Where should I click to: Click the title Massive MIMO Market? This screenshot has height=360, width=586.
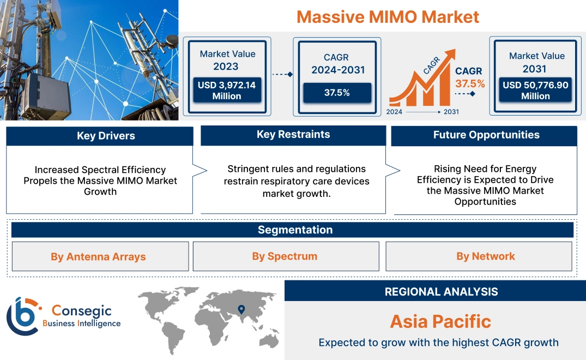point(388,16)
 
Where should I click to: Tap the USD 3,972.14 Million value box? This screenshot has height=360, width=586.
point(226,91)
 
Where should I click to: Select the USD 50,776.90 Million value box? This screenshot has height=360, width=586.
point(535,91)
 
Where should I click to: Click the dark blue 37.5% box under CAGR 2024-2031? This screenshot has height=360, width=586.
point(337,93)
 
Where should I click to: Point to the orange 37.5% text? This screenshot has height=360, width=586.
point(470,84)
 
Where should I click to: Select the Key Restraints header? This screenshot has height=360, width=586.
point(293,135)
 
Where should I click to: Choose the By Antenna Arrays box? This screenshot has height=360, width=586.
point(99,256)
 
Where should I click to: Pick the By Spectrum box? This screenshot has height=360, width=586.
point(285,256)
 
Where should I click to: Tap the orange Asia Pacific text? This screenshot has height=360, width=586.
point(440,321)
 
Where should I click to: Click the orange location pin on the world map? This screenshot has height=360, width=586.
point(240,310)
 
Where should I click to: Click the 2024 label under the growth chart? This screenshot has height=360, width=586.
point(395,112)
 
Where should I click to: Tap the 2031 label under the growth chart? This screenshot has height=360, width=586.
point(451,112)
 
